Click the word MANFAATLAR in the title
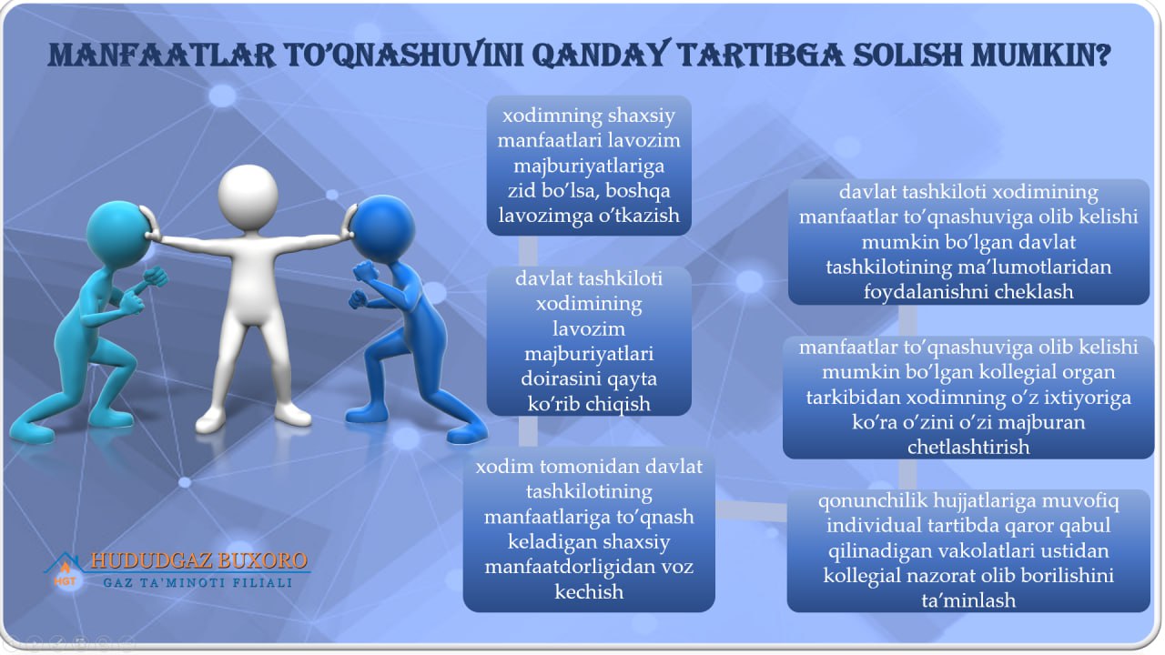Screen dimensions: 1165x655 point(162,55)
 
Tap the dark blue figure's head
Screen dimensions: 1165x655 point(383,227)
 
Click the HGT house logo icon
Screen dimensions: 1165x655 point(65,572)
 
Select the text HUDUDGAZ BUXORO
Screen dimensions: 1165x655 point(199,560)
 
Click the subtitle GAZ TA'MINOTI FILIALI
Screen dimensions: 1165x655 point(198,583)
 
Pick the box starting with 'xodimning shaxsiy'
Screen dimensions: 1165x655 point(589,166)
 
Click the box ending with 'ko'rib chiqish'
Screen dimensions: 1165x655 point(589,341)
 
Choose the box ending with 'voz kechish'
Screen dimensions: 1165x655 point(589,529)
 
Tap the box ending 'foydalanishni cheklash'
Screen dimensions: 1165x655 point(968,242)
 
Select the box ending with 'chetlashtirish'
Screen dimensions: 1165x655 point(968,398)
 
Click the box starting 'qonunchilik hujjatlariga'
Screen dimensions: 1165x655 point(968,550)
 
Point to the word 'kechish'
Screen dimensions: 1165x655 point(589,591)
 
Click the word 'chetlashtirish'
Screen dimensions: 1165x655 point(968,447)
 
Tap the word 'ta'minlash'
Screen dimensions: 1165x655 point(968,600)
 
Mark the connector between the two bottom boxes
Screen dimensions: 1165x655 point(751,510)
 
